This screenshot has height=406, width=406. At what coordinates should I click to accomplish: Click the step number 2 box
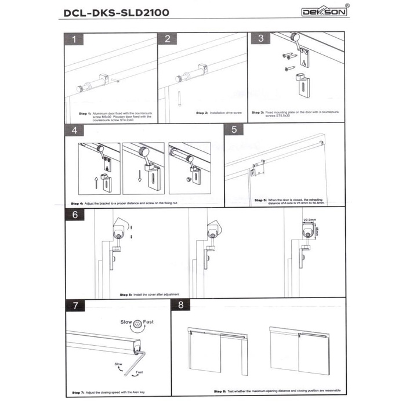pos(168,39)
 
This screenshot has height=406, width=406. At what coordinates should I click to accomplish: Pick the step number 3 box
pos(261,39)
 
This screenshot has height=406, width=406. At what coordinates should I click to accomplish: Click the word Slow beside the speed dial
pos(125,321)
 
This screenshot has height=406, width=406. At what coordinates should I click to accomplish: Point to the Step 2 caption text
pos(217,113)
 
